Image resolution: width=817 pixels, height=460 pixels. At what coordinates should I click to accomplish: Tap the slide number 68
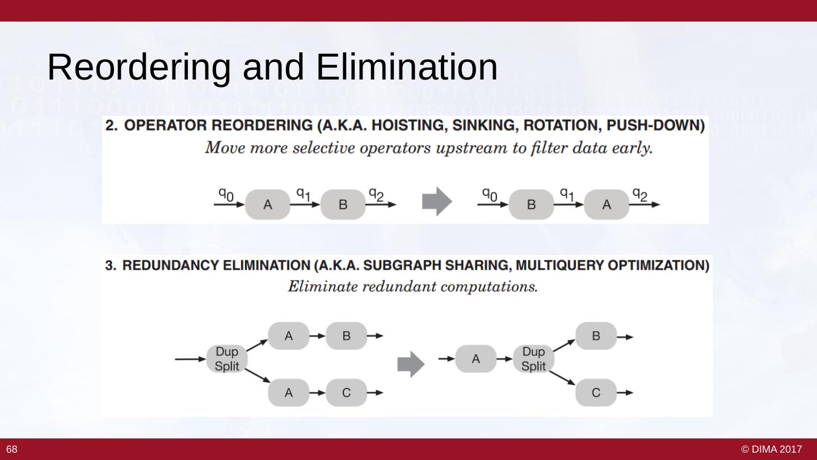12,450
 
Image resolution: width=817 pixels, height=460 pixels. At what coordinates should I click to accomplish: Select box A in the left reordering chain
267,204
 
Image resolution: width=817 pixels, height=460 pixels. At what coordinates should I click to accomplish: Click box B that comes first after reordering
531,204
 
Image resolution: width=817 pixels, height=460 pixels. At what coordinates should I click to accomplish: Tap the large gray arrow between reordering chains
437,202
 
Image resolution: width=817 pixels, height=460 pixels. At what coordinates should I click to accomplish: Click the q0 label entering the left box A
226,194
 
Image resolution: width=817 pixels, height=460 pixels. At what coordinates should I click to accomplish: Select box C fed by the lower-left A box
346,392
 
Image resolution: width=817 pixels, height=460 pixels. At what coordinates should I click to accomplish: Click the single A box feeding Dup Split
475,359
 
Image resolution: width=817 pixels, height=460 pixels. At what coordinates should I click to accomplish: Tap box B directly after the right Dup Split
596,336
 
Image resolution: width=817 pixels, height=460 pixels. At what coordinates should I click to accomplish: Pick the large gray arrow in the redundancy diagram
411,364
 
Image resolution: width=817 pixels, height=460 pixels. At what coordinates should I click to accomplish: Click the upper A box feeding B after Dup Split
288,336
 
